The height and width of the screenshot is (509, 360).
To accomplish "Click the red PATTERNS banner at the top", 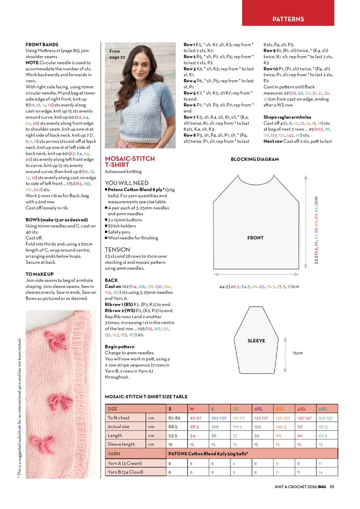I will pyautogui.click(x=288, y=19).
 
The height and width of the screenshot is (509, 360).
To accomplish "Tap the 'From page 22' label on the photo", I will pyautogui.click(x=117, y=54).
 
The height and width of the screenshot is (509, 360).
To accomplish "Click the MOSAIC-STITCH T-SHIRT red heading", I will pyautogui.click(x=130, y=162).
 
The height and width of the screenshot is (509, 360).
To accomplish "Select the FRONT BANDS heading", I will pyautogui.click(x=42, y=45).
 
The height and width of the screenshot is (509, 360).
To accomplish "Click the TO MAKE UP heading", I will pyautogui.click(x=39, y=274).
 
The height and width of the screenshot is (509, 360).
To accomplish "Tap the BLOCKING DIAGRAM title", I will pyautogui.click(x=254, y=159).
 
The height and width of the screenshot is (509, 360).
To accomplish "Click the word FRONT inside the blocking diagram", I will pyautogui.click(x=255, y=238).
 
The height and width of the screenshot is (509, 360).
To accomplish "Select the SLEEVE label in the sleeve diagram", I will pyautogui.click(x=256, y=341).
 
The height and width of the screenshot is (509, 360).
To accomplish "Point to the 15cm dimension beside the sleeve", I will pyautogui.click(x=298, y=353).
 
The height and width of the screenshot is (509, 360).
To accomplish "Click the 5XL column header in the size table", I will pyautogui.click(x=323, y=409).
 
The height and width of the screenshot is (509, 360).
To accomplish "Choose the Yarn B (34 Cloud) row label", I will pyautogui.click(x=125, y=472).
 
